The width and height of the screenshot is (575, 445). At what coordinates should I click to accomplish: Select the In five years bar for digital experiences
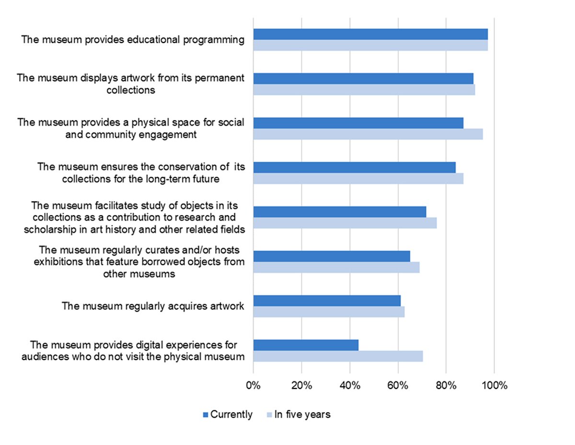click(x=338, y=356)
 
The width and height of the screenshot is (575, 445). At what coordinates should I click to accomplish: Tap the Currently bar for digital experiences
click(x=306, y=345)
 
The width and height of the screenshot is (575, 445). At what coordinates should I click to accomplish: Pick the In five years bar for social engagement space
click(x=368, y=134)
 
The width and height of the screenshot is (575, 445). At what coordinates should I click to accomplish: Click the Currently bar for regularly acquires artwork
click(x=327, y=301)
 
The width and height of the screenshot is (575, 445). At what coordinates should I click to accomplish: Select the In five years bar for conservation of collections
click(x=358, y=179)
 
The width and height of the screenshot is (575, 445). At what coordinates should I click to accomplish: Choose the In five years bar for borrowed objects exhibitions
click(x=336, y=268)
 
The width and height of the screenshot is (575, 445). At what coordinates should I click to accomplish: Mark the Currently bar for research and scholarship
click(x=339, y=212)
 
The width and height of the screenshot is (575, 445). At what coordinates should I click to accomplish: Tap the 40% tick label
click(x=350, y=386)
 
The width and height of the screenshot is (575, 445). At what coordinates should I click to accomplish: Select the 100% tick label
click(x=494, y=386)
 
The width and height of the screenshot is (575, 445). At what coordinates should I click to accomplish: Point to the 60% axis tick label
click(x=398, y=386)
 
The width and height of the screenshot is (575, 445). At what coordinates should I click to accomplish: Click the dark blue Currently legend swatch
click(x=206, y=415)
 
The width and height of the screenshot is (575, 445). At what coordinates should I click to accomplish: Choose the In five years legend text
click(x=302, y=415)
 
